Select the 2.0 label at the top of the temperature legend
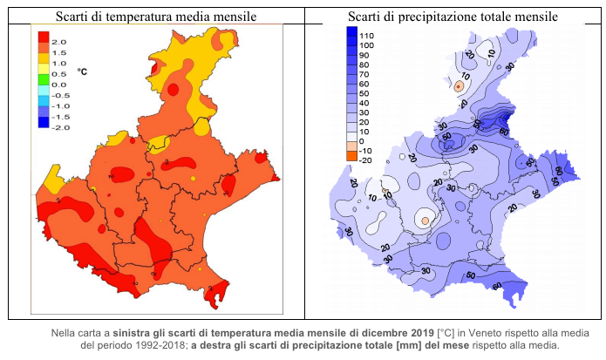pos(58,42)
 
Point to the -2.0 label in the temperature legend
pos(59,127)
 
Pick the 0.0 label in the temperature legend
pos(58,85)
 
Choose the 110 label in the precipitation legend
pos(367,35)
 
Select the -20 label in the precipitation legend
pos(367,160)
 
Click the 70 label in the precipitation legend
pos(367,74)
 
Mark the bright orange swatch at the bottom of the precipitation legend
pos(351,156)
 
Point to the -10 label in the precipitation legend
pos(367,151)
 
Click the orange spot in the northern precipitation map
pos(458,85)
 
